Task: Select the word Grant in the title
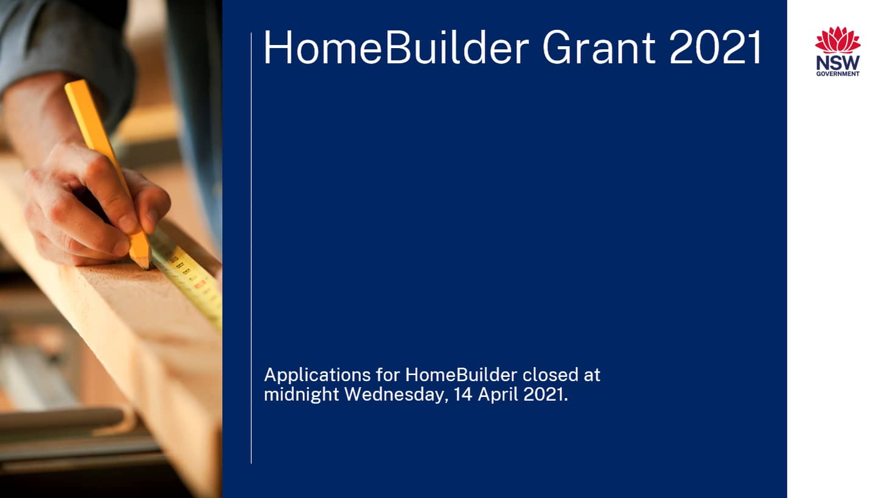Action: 598,48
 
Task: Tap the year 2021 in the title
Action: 715,48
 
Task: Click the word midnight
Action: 301,394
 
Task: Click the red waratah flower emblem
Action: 838,40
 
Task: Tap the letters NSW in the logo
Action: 838,63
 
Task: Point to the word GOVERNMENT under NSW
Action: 838,74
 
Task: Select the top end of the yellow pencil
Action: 72,86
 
